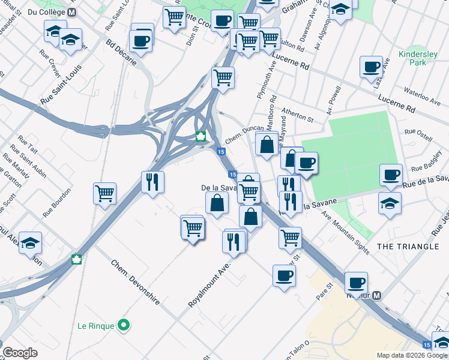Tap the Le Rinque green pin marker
124,326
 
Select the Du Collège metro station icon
72,12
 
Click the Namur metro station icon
377,295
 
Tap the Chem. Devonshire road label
135,281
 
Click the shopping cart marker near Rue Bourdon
105,193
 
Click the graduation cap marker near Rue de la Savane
390,202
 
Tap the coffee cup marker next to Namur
356,282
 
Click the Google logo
20,352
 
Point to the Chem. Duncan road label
244,135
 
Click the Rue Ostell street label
418,131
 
